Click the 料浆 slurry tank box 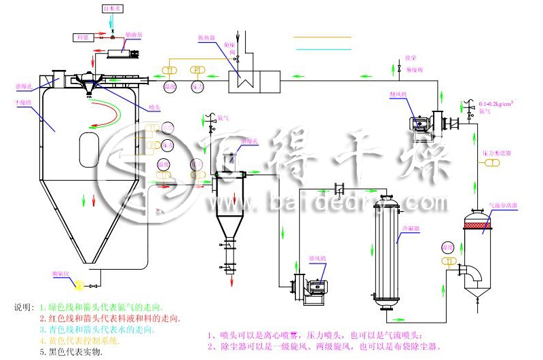click(x=84, y=36)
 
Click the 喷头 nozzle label click(x=154, y=107)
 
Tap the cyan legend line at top click(x=322, y=49)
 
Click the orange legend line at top click(x=322, y=37)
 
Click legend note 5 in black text click(x=71, y=352)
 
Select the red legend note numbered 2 click(x=109, y=318)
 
